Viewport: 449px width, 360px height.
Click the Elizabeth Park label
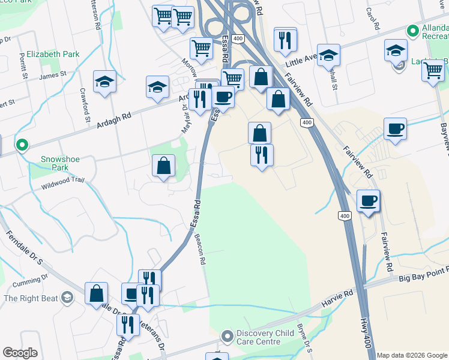tap(53, 54)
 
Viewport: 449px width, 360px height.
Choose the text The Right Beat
tap(31, 298)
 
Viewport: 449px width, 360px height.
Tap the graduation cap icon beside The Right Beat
tap(67, 298)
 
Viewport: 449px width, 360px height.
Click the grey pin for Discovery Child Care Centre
tap(226, 335)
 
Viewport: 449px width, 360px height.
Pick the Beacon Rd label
tap(200, 249)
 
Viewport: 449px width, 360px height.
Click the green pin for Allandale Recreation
tap(412, 31)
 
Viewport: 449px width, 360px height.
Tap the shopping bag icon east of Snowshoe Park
tap(163, 166)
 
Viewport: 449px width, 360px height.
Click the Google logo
tap(20, 353)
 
